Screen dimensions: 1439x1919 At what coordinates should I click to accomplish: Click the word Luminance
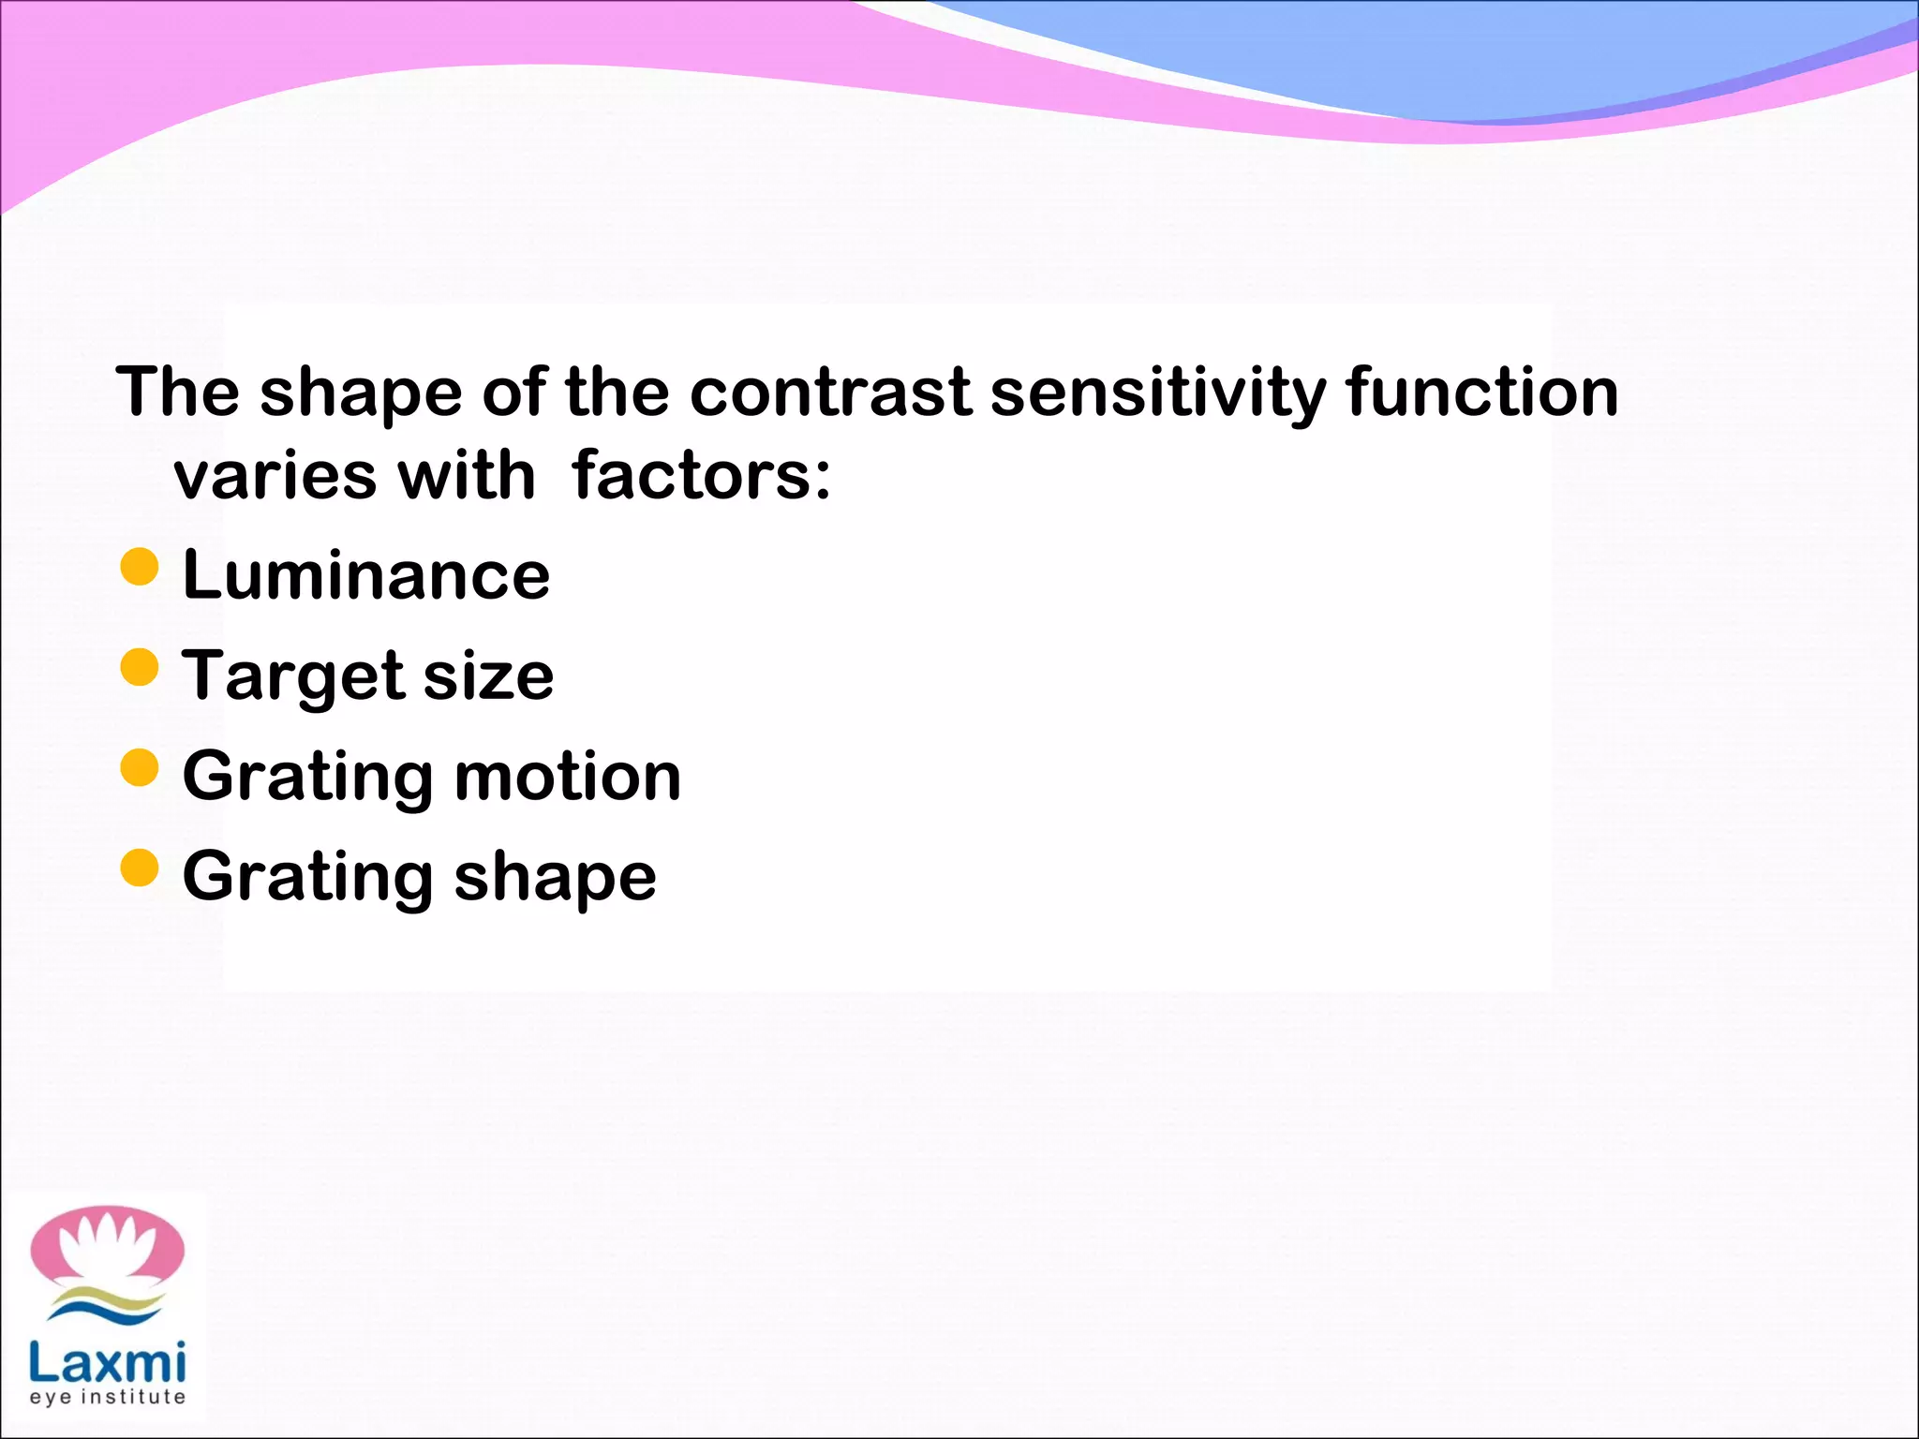(x=365, y=574)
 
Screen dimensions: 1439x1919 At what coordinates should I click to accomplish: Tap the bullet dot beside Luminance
(x=140, y=567)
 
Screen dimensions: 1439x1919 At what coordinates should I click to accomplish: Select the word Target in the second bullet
(x=293, y=675)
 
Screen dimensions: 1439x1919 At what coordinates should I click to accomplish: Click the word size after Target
(x=488, y=675)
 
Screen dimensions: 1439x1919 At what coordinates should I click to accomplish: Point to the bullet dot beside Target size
(x=140, y=668)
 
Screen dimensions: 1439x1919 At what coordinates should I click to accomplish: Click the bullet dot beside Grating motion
(x=140, y=768)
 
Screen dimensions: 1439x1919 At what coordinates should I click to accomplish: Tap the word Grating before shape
(x=308, y=877)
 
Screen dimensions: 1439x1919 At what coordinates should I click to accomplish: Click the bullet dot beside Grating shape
(x=140, y=868)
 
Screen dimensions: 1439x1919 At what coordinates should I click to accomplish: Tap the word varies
(x=275, y=475)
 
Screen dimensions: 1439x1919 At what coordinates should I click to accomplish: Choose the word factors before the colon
(x=691, y=475)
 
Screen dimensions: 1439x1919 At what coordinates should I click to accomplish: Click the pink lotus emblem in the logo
(x=107, y=1246)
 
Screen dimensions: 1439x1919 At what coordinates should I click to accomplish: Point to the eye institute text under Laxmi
(x=107, y=1397)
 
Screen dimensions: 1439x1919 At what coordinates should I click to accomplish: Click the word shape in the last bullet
(x=555, y=877)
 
